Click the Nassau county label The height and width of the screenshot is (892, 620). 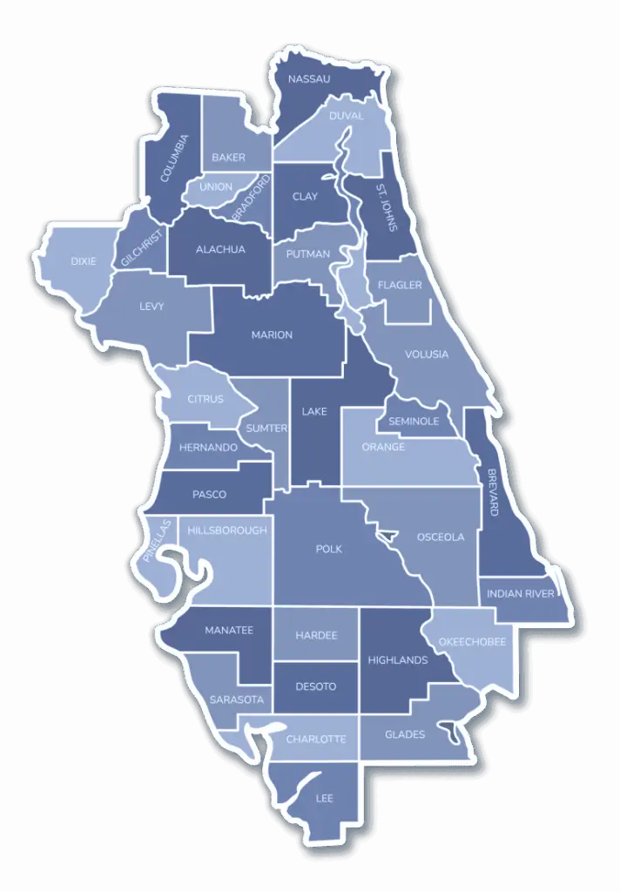(x=309, y=79)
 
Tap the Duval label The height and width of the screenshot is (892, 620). (x=345, y=116)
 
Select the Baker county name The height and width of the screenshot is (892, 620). (x=228, y=158)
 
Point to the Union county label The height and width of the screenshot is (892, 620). (x=216, y=187)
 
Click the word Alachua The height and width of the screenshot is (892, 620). (x=220, y=249)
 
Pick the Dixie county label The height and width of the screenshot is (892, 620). (x=84, y=260)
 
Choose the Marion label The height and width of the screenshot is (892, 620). (x=272, y=335)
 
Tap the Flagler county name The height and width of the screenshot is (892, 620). (x=401, y=286)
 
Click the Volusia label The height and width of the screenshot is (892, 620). (x=427, y=355)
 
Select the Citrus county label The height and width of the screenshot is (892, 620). (x=206, y=400)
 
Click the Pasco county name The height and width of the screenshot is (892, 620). (x=209, y=495)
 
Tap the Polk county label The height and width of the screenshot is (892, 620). (x=329, y=549)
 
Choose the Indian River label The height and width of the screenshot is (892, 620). (x=520, y=594)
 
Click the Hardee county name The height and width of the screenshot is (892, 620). (x=315, y=636)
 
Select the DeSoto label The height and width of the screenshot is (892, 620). (x=315, y=686)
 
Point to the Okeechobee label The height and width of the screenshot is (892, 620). (x=472, y=642)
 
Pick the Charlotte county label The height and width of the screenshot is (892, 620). (x=316, y=739)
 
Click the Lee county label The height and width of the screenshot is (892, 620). (x=324, y=798)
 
